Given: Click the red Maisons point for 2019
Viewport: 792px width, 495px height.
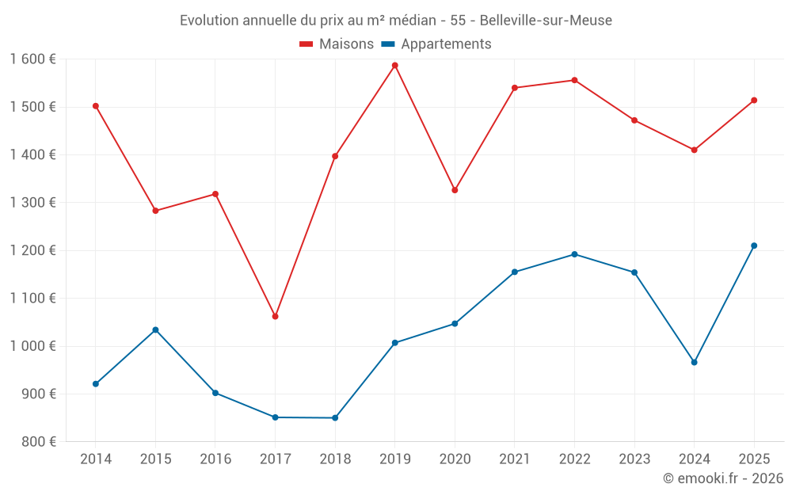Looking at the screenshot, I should [394, 65].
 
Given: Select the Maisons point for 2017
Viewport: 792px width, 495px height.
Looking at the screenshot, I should [275, 316].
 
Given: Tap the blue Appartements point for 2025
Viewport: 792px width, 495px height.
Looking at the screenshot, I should [754, 246].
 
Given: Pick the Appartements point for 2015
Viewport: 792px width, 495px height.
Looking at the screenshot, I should [155, 329].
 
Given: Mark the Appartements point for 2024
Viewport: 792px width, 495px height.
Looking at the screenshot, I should [694, 362].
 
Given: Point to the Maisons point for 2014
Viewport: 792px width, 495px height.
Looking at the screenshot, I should [96, 105].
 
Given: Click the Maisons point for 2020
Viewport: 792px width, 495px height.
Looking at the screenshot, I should [455, 190].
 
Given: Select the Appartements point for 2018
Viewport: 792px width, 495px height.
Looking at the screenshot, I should [335, 417].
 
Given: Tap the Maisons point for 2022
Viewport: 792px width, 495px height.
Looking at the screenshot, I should [574, 80].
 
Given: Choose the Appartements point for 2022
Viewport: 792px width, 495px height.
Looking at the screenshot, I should [574, 254].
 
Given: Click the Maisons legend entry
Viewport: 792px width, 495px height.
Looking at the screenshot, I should [337, 44].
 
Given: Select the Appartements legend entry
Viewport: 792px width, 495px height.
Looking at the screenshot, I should [436, 44].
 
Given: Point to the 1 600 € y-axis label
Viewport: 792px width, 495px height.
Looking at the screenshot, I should [33, 59].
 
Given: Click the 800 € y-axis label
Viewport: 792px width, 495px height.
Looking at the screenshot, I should [39, 442].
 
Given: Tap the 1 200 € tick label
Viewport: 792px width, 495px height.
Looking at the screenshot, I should [33, 250].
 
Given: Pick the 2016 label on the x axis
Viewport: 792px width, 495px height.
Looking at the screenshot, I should [215, 459].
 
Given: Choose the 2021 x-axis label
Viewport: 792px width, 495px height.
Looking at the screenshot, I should [514, 459].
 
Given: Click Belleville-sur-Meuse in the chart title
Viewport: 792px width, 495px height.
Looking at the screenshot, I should [546, 21].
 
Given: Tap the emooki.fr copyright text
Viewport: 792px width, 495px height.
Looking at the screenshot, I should [722, 478].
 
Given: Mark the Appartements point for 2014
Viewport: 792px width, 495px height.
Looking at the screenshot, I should [96, 383].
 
